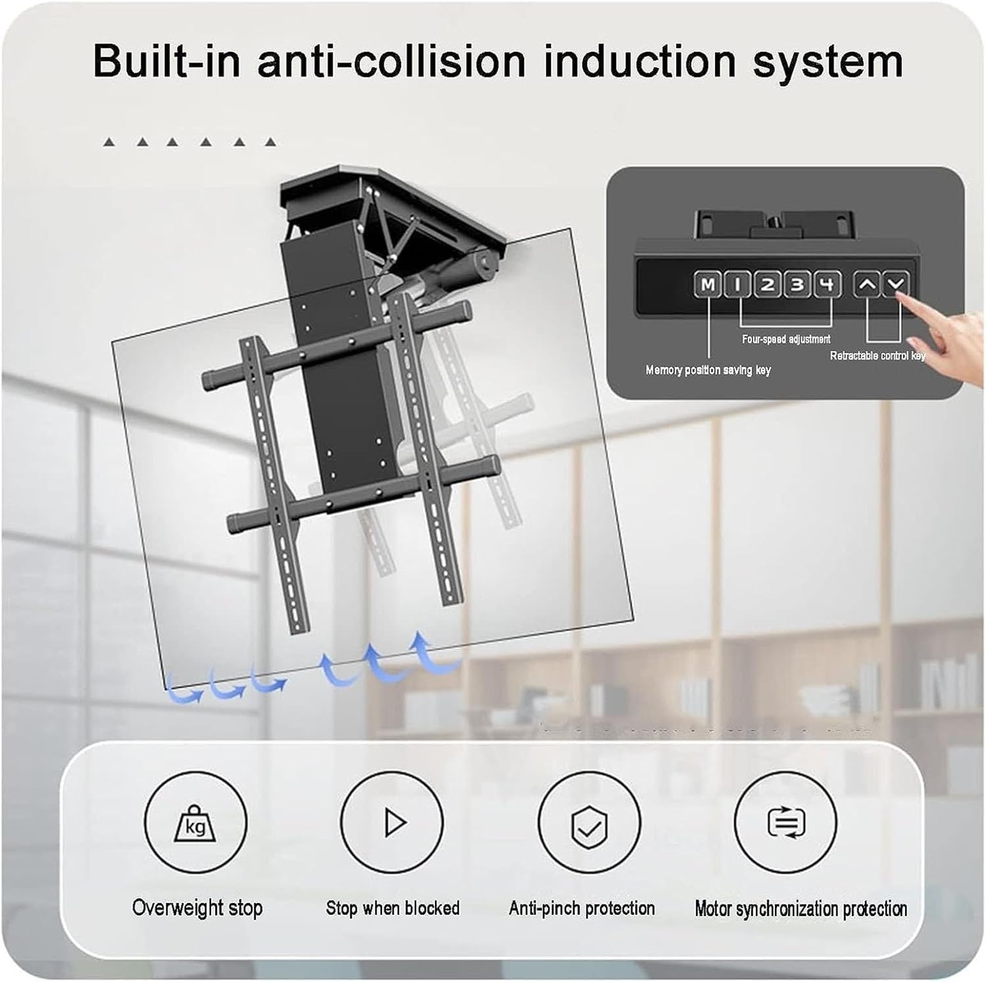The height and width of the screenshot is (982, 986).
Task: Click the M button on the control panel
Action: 707,285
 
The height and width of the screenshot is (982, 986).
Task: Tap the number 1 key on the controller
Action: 738,285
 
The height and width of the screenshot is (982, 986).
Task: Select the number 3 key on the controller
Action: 797,285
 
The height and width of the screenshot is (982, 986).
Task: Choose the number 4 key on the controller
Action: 828,285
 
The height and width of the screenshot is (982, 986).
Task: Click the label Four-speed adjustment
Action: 786,340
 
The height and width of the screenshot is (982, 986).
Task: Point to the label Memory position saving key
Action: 708,370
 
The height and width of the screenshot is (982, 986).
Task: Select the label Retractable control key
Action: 878,356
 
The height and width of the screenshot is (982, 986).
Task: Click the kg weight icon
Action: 195,823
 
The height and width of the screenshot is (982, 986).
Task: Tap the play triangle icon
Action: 394,823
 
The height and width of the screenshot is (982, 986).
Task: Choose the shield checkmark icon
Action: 589,823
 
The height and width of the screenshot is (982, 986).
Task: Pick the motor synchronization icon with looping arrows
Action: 786,823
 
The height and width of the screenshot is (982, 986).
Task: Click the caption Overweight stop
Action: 197,908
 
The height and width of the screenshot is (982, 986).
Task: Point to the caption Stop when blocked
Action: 392,908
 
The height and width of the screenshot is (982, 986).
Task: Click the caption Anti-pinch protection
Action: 582,908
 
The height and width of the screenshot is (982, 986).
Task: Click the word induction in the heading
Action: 639,61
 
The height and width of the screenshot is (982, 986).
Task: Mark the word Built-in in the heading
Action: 167,61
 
